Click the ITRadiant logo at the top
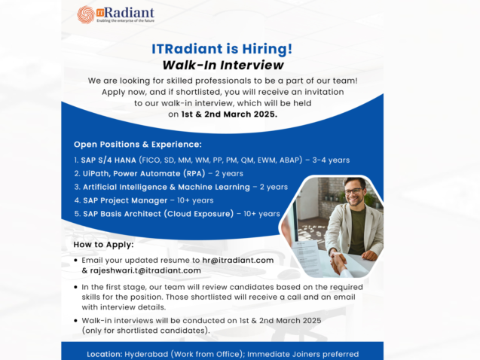click(116, 14)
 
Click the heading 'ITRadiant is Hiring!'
click(222, 49)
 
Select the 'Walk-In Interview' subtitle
click(222, 65)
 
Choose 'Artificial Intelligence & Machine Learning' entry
click(166, 187)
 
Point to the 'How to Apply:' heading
click(104, 245)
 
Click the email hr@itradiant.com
click(238, 260)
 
